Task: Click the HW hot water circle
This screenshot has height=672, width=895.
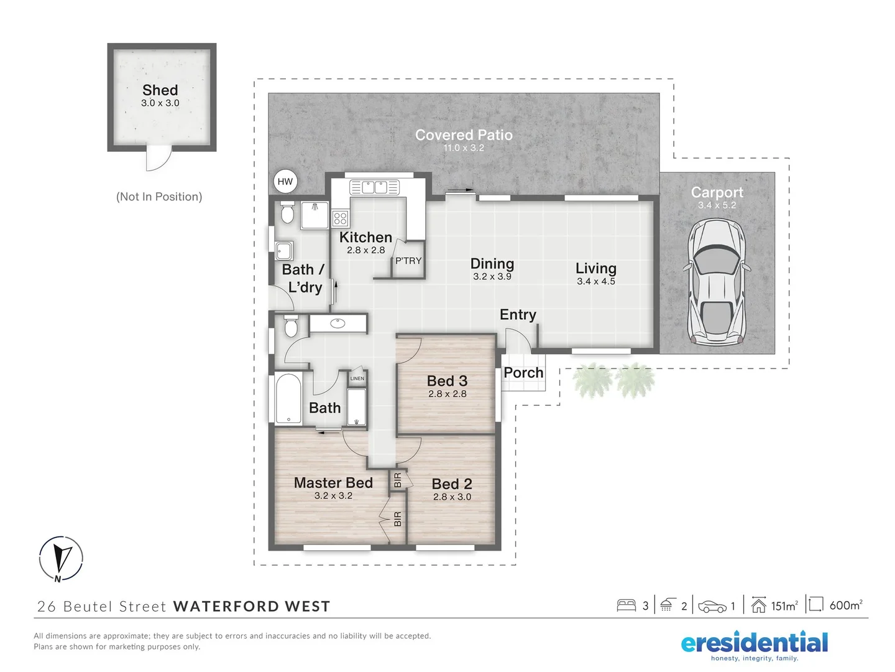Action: click(x=285, y=182)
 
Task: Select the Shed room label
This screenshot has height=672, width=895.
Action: click(x=160, y=90)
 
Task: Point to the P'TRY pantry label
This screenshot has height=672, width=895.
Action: click(x=408, y=261)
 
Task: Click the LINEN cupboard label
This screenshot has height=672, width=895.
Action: click(x=357, y=378)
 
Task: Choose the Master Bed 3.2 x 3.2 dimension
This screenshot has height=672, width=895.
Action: click(x=333, y=496)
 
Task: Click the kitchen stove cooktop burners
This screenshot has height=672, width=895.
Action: click(x=340, y=218)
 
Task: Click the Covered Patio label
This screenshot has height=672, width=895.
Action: click(x=464, y=135)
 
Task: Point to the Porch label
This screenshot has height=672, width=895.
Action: click(x=523, y=373)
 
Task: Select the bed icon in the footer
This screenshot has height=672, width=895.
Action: click(x=626, y=605)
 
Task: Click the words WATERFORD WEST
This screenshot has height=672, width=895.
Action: click(x=252, y=607)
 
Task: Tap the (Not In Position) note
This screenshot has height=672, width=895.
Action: click(x=159, y=197)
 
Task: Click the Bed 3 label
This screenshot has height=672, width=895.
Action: click(x=447, y=381)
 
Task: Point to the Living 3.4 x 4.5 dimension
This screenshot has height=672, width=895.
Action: click(x=596, y=281)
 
